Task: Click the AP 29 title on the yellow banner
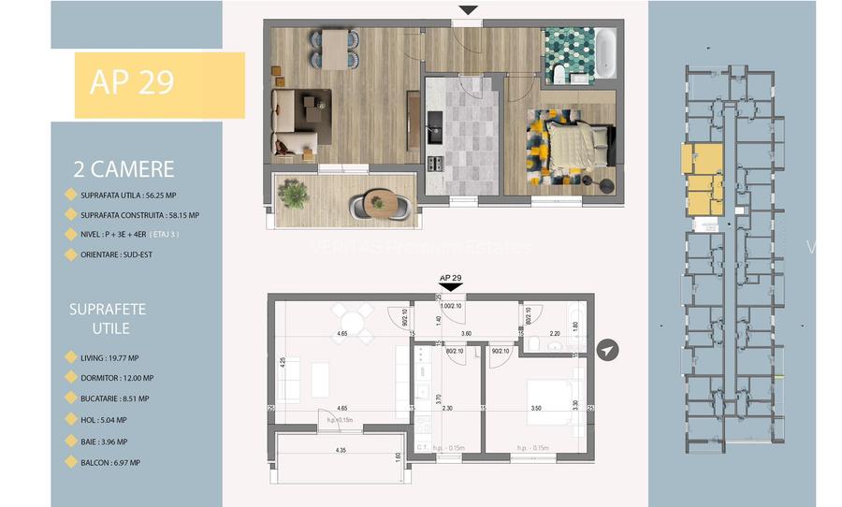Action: pyautogui.click(x=132, y=82)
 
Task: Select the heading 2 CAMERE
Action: pyautogui.click(x=123, y=169)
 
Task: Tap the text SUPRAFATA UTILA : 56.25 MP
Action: pyautogui.click(x=133, y=196)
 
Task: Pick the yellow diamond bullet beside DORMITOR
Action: pyautogui.click(x=70, y=377)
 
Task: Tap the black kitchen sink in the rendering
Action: pyautogui.click(x=434, y=123)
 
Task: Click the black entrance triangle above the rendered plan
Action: pyautogui.click(x=468, y=11)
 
